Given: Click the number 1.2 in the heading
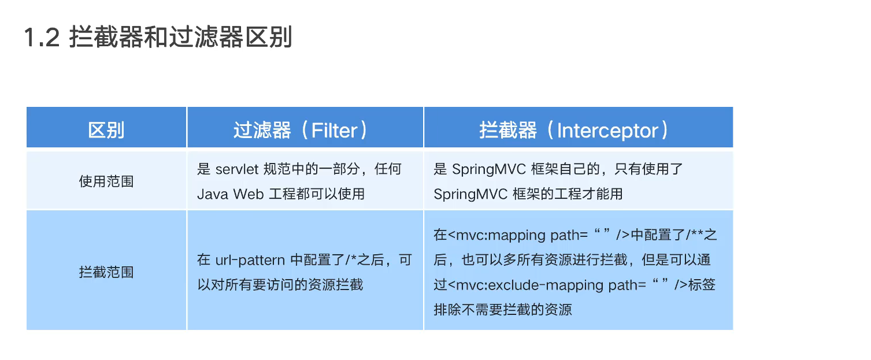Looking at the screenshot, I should (42, 38).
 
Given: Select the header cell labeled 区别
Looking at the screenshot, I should (106, 130).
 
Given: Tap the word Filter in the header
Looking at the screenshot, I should (335, 130).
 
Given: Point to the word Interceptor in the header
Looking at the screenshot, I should (607, 130).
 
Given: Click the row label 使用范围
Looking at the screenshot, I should (106, 181).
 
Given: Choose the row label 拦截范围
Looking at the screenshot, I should (106, 272).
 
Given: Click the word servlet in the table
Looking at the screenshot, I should (237, 169).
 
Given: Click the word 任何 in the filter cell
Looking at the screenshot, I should (388, 169).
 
